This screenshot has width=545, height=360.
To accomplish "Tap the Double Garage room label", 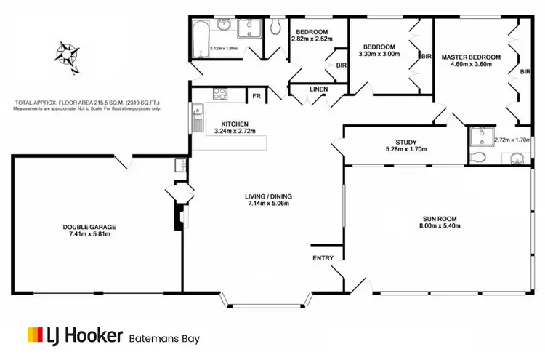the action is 89,227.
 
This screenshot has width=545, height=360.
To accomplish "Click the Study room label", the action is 405,142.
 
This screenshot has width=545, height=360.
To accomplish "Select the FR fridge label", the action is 257,95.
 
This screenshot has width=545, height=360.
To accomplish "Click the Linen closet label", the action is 318,89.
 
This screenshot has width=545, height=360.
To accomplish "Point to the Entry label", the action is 323,258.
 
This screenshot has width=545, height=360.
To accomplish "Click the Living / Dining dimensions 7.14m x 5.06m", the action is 267,204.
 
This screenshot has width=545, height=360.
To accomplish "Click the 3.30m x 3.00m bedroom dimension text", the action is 379,53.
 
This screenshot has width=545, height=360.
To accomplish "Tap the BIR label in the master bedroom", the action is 524,71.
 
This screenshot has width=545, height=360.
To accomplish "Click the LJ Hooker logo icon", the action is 35,335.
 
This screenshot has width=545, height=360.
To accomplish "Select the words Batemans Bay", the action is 164,338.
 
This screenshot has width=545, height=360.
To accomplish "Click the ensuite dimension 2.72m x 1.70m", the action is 513,140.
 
